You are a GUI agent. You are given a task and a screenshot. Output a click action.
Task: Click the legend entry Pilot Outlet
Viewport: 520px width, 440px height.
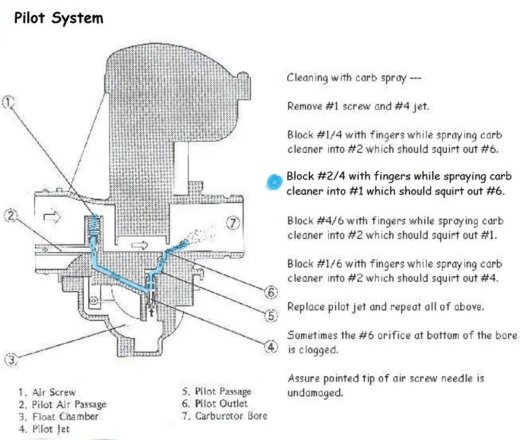[x=214, y=404]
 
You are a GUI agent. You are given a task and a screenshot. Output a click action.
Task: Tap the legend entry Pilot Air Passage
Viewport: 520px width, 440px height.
[x=62, y=404]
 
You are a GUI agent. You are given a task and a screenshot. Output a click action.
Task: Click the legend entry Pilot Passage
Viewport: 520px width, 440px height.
[x=217, y=391]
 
